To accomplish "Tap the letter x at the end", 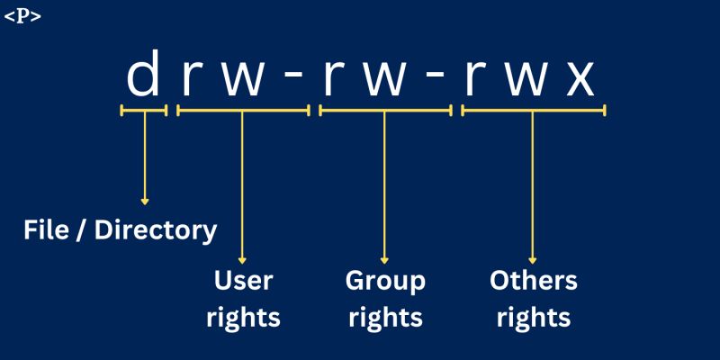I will coord(580,79).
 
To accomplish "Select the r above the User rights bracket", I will coord(190,79).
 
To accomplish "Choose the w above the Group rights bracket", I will coord(385,79).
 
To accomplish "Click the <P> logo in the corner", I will coord(22,16).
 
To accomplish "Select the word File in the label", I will coord(46,230).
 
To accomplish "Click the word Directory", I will coord(156,231).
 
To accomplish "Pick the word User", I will coord(243,281).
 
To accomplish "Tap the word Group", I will coord(385,282).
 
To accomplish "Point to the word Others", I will coord(533,281).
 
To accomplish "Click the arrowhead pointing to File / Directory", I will coord(144,201).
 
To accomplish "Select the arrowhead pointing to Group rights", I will coord(385,259).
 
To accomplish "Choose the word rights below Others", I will coord(533,318).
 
